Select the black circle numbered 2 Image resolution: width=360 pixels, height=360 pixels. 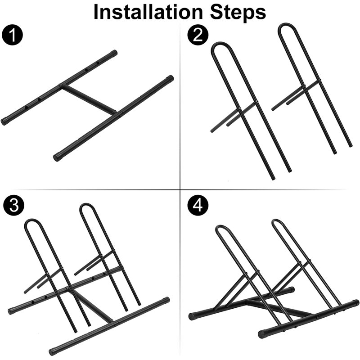pos(197,36)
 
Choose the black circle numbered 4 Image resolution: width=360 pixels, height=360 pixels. pos(197,205)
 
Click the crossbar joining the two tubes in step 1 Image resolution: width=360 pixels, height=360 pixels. pos(89,99)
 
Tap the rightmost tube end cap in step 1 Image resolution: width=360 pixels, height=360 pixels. pos(170,79)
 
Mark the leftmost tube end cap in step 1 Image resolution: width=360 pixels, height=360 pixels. pos(5,121)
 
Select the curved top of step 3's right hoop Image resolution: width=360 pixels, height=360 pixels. pos(88,207)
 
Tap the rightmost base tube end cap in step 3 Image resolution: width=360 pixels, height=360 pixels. pos(166,300)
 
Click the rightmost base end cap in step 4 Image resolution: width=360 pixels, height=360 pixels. pos(355,303)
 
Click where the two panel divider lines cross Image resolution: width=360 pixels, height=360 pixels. pos(180,188)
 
